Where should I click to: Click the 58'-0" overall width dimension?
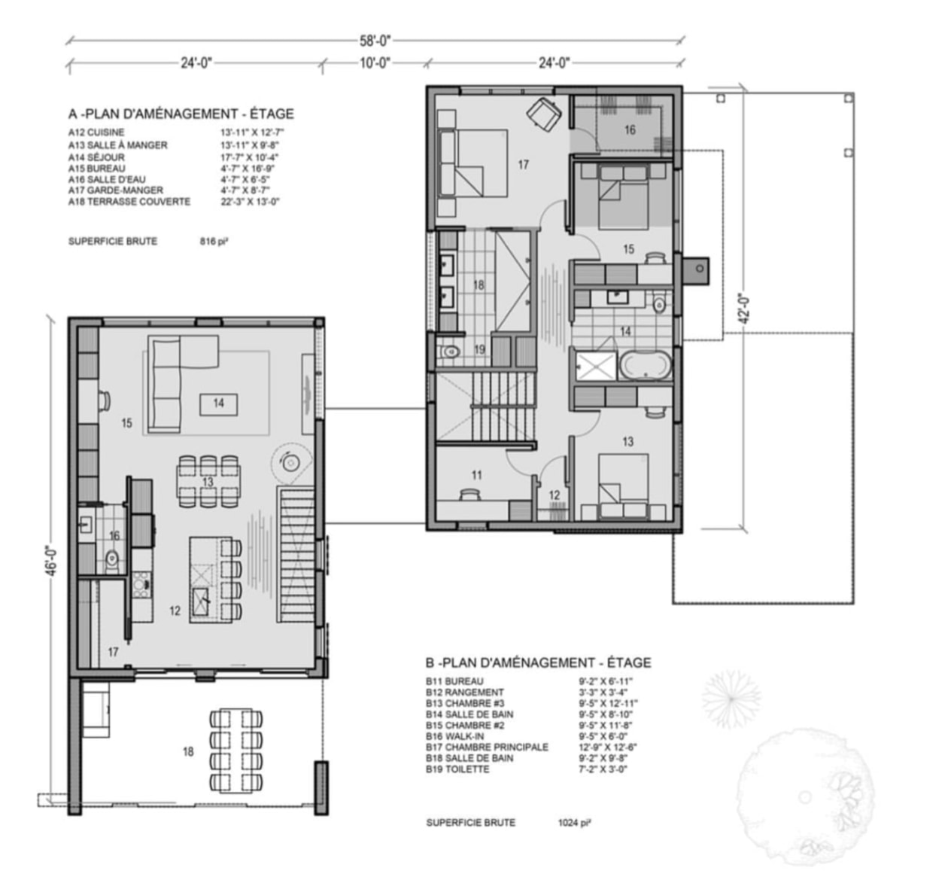(x=375, y=41)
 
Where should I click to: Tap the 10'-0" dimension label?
(x=375, y=62)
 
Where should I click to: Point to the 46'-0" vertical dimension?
(x=52, y=561)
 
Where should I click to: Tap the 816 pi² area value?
(x=214, y=242)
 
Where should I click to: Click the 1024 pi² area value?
(x=576, y=823)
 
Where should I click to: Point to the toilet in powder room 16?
(x=112, y=558)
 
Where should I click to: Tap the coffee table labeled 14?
(x=219, y=403)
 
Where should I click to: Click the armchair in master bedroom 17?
(x=544, y=113)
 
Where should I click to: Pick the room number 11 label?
(x=476, y=475)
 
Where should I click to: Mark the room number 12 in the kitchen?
(x=175, y=610)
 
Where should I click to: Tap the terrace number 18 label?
(x=188, y=751)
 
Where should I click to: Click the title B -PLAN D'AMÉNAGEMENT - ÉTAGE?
(x=539, y=662)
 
